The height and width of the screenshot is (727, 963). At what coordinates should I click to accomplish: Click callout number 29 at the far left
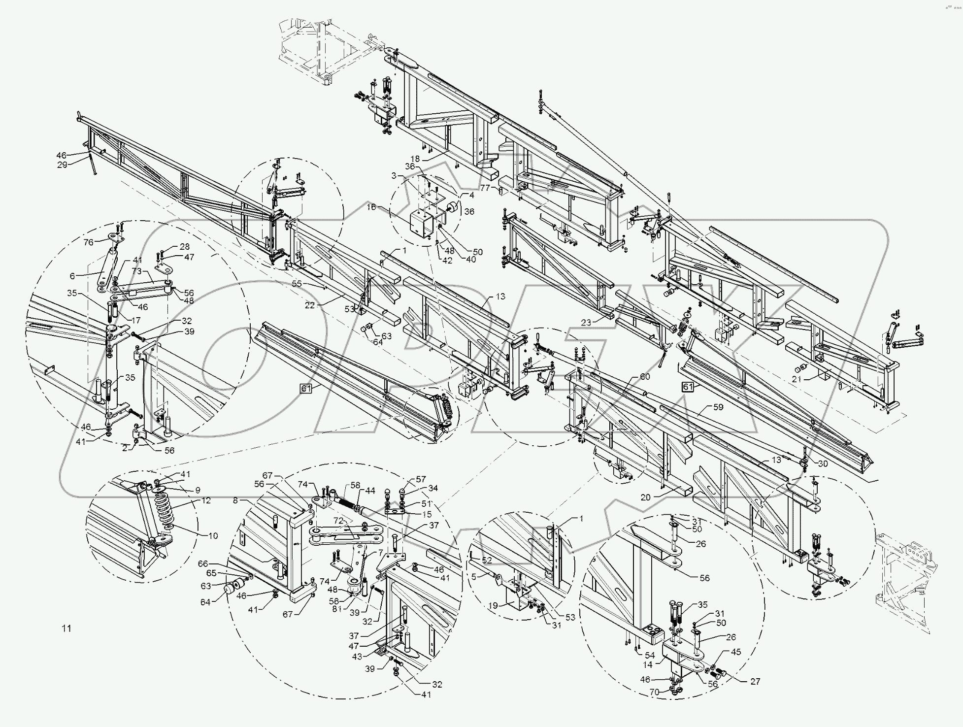coord(62,165)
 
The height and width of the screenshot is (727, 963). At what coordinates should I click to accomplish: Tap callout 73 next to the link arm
coord(137,271)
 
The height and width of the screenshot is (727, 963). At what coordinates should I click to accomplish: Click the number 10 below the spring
coord(213,536)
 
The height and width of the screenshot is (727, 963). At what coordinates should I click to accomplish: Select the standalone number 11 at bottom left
coord(66,628)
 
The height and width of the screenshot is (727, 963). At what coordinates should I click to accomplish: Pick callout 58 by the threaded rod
coord(356,486)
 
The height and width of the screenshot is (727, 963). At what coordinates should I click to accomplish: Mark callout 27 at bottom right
coord(755,681)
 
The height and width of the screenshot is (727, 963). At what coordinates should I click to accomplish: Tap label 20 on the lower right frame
coord(645,497)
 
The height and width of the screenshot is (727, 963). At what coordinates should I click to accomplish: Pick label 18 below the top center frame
coord(415,159)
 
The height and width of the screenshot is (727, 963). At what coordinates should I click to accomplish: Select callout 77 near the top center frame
coord(485,188)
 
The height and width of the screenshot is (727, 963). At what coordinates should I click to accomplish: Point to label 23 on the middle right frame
coord(586,323)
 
